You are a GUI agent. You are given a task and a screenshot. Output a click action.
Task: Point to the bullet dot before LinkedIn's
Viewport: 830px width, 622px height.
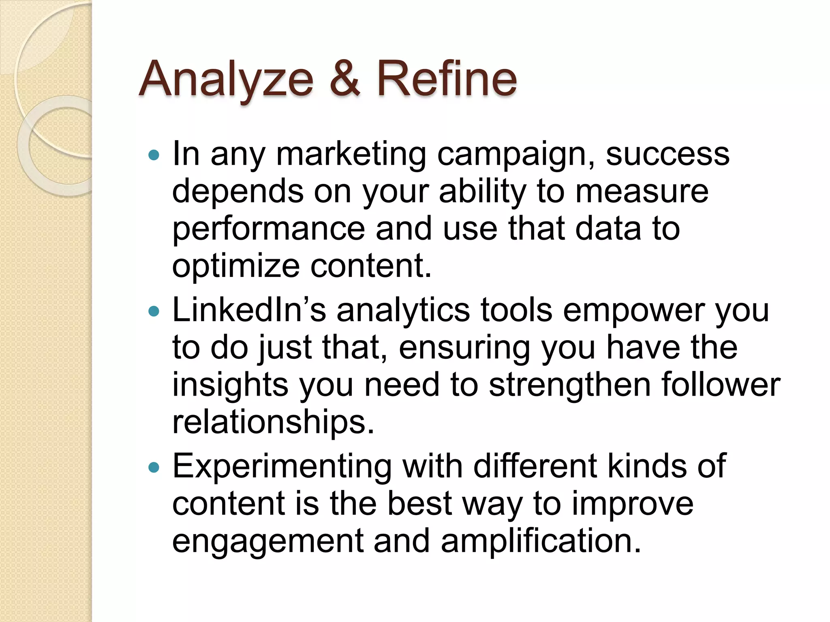(154, 311)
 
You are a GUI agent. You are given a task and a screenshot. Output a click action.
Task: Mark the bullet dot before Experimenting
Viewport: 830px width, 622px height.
(154, 468)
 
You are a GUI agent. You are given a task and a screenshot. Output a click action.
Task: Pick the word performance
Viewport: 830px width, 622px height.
(269, 229)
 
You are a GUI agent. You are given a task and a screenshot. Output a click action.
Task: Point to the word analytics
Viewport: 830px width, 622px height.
(403, 311)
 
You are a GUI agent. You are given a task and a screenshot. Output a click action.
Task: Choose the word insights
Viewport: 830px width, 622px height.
(230, 385)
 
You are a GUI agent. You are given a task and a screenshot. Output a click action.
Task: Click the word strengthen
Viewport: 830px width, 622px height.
(569, 385)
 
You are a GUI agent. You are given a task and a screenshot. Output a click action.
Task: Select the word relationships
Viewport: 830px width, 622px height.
(273, 422)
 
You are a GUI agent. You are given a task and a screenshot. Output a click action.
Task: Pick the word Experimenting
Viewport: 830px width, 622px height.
(282, 466)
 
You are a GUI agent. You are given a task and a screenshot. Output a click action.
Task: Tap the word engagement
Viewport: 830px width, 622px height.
(268, 541)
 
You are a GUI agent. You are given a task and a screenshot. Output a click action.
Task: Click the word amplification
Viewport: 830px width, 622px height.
(541, 541)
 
